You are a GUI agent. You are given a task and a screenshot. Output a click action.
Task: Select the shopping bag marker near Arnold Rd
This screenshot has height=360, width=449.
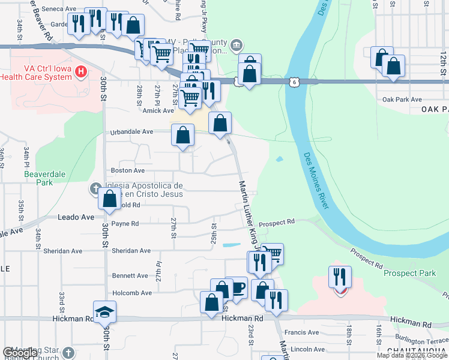110,199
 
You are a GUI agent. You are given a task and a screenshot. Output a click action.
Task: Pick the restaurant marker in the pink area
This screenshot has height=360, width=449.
340,277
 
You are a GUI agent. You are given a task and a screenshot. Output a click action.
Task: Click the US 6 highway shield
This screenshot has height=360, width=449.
292,82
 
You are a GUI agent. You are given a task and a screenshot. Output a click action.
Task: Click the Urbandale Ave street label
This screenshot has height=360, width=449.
131,132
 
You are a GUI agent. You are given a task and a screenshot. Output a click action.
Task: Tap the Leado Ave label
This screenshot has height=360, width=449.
76,217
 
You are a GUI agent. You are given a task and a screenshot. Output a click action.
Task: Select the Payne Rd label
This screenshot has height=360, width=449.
126,224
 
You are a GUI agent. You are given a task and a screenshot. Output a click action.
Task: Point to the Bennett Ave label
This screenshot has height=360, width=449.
130,276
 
